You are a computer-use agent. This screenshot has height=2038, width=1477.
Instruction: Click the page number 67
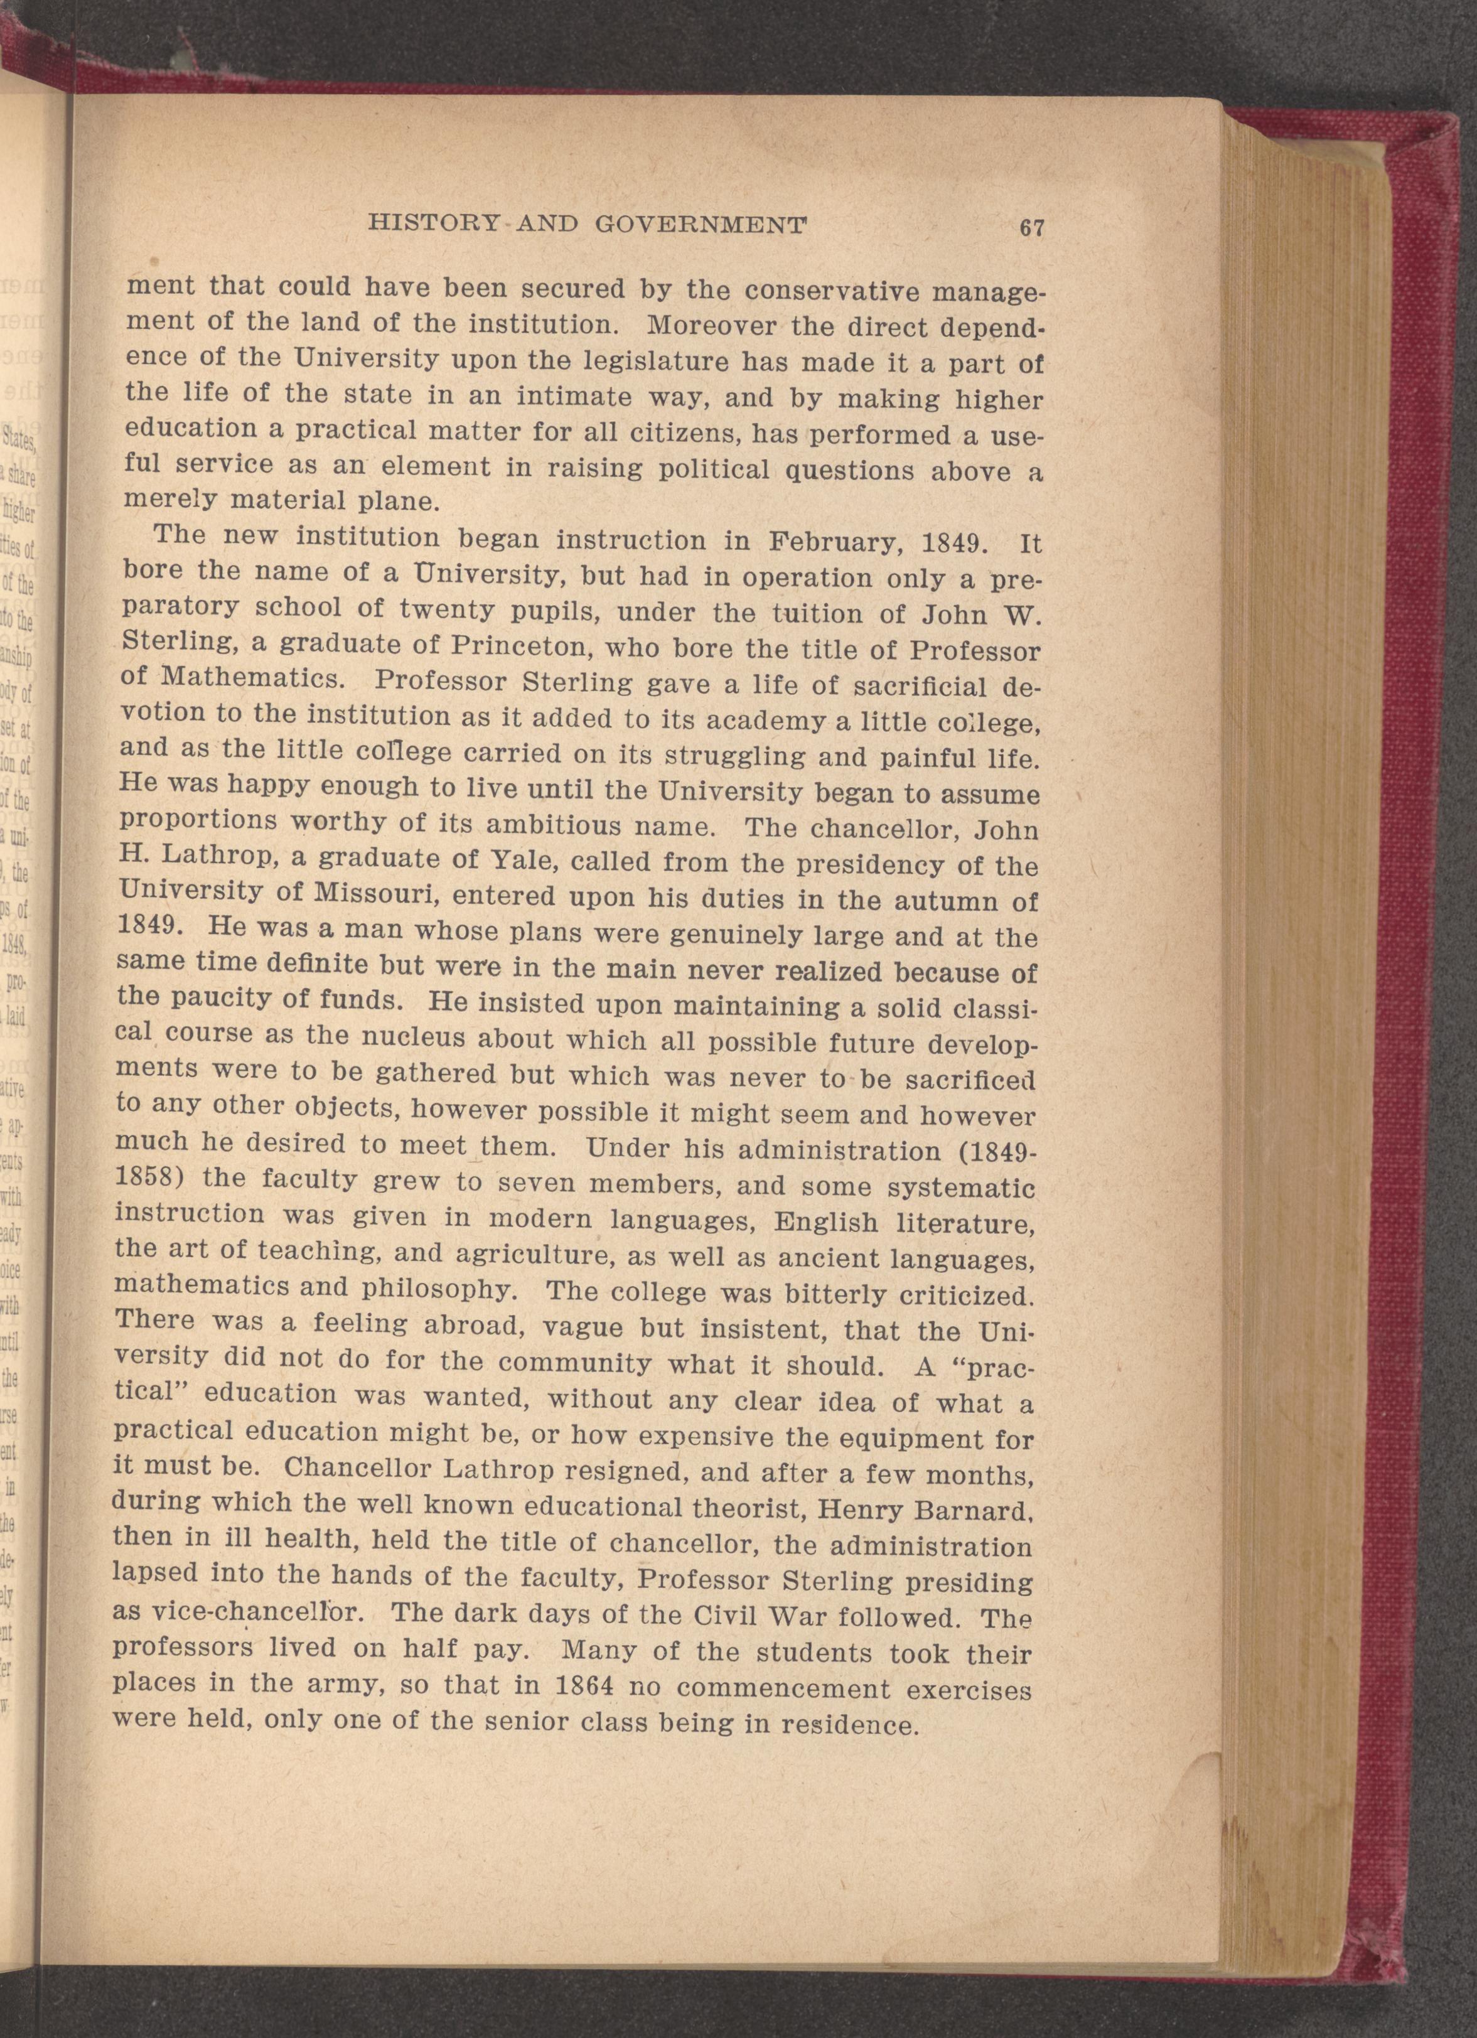tap(1031, 227)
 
